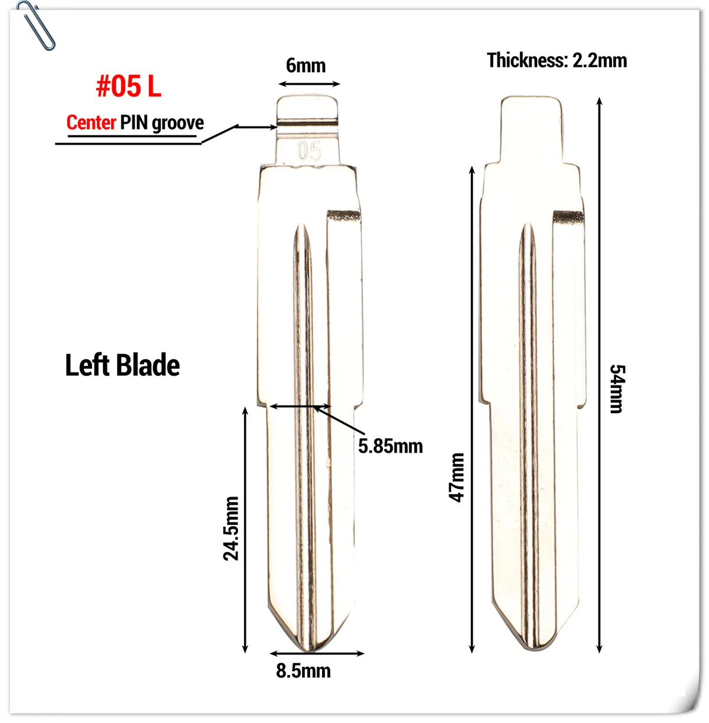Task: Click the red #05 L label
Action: coord(128,87)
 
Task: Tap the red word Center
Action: coord(91,123)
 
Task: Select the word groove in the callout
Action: coord(177,124)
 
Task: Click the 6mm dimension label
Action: coord(305,66)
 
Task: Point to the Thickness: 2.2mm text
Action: coord(557,60)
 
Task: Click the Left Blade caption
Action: coord(122,365)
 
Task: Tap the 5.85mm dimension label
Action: coord(391,446)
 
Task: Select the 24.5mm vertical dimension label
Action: coord(231,528)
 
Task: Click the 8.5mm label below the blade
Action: coord(303,671)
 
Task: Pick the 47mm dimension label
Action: coord(457,477)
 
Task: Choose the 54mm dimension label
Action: coord(617,388)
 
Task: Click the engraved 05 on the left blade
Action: coord(309,152)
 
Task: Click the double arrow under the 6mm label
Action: coord(308,84)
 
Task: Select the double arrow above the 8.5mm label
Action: coord(317,654)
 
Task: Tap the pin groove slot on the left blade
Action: coord(308,125)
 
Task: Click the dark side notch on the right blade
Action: coord(568,216)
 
